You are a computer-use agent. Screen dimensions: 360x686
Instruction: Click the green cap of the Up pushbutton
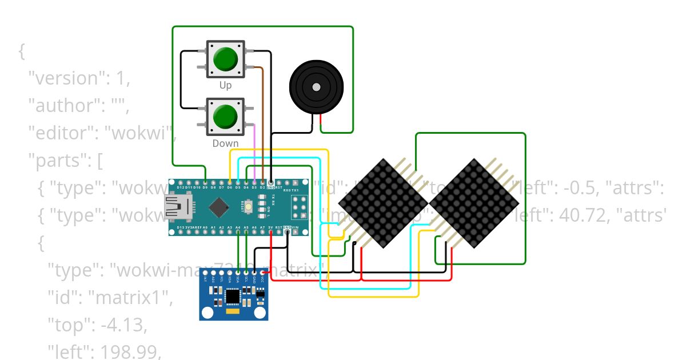tap(226, 58)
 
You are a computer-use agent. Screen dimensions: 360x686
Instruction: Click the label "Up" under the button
tap(226, 85)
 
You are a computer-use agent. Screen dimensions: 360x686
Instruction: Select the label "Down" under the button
tap(225, 143)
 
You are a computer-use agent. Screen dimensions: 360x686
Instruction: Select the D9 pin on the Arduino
tap(205, 182)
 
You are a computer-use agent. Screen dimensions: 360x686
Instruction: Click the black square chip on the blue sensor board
tap(233, 296)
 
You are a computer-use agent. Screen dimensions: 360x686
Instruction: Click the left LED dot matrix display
tap(383, 203)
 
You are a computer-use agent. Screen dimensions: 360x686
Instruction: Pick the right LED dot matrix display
tap(474, 203)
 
